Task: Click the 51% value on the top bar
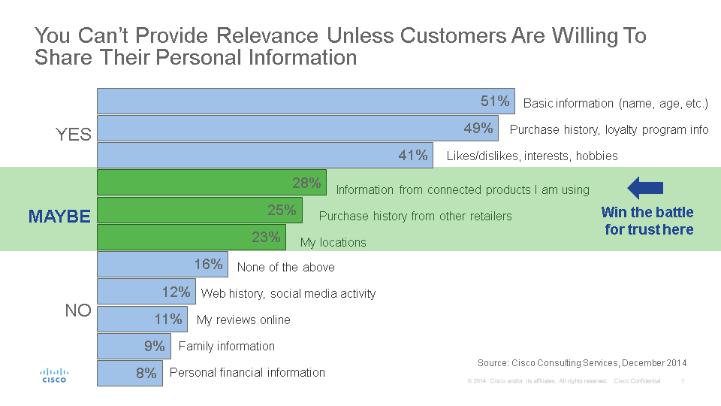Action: tap(495, 101)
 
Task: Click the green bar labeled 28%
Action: tap(211, 183)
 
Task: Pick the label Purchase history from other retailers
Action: tap(415, 217)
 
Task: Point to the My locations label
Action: tap(333, 243)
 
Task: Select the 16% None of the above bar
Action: tap(162, 265)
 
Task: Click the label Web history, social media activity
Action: tap(288, 293)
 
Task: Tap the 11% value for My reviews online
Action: tap(168, 320)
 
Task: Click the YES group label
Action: tap(74, 135)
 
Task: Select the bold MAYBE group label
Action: tap(59, 217)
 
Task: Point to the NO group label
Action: tap(78, 311)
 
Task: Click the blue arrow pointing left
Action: tap(645, 188)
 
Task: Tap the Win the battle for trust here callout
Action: tap(648, 221)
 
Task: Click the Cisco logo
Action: tap(54, 374)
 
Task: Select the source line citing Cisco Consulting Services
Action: tap(582, 363)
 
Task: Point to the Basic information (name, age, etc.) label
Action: tap(616, 103)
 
